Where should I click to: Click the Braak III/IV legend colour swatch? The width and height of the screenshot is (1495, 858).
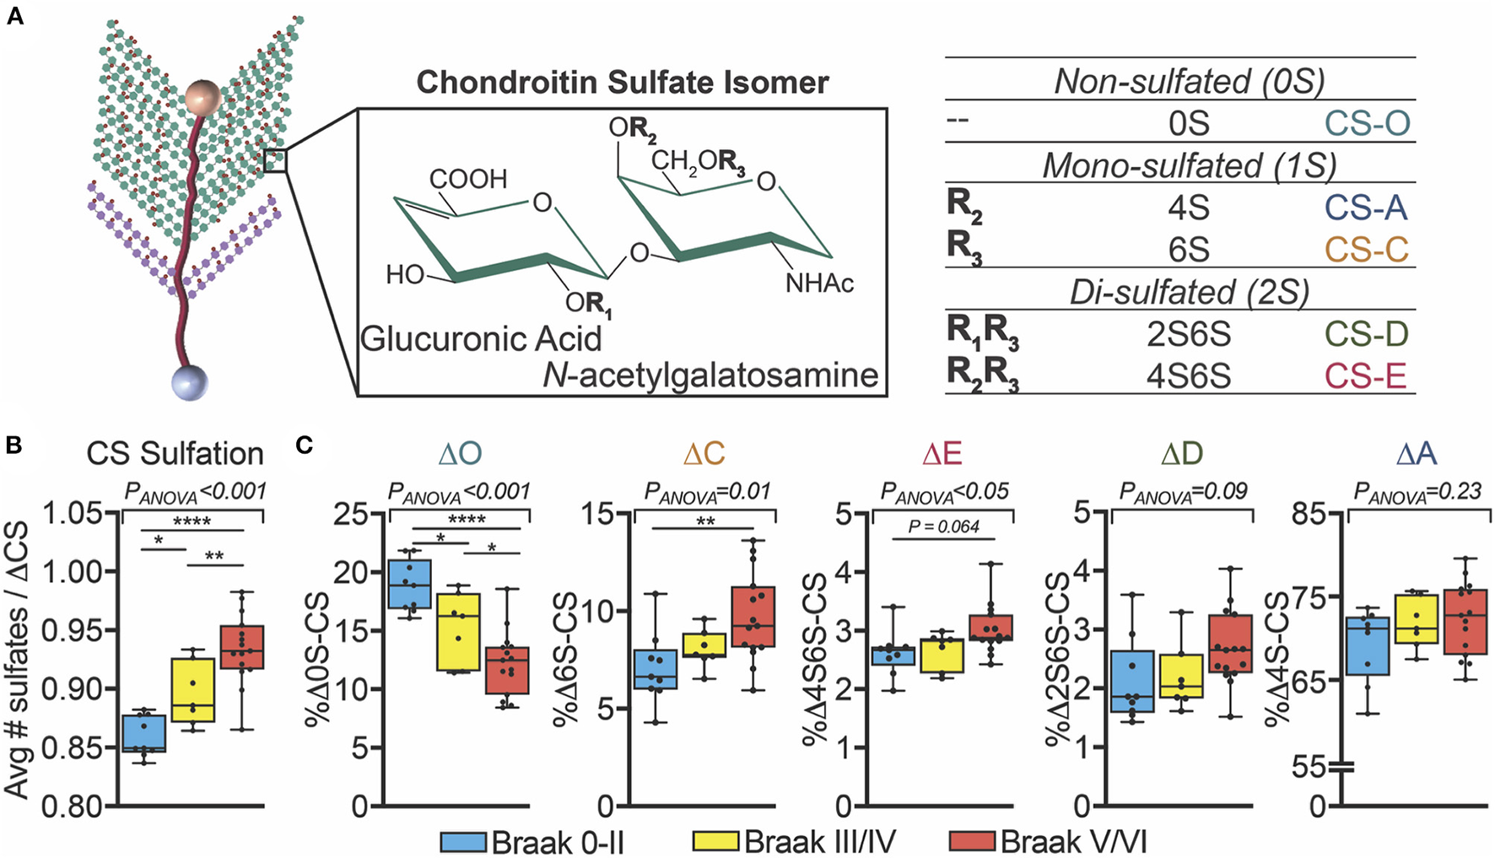(716, 841)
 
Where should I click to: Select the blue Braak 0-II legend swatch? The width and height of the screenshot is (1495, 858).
(463, 841)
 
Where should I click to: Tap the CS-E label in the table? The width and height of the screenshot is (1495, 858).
(1365, 375)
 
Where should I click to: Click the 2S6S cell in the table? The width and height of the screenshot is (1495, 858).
(1188, 334)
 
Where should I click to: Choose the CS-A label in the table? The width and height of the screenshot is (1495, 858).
(1365, 208)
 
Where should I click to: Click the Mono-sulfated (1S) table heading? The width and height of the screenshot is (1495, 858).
(1188, 165)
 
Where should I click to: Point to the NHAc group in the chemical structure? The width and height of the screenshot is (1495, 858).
(818, 283)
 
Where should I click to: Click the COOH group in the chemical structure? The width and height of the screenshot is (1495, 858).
(468, 179)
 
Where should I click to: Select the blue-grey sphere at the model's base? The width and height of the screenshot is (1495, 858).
(189, 382)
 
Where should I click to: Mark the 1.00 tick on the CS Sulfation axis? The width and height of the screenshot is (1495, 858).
(72, 571)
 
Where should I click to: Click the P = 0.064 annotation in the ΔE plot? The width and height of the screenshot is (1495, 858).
(943, 527)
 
